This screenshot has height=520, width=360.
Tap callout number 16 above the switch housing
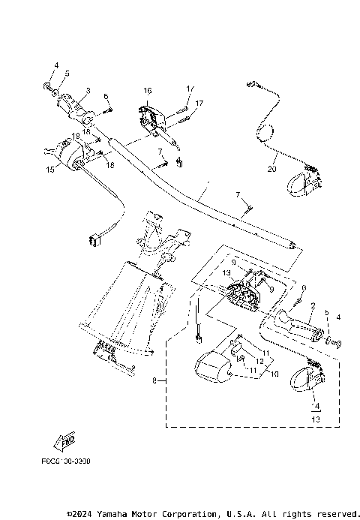pyautogui.click(x=148, y=91)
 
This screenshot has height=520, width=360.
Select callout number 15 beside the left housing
pyautogui.click(x=50, y=170)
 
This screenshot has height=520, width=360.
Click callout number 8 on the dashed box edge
pyautogui.click(x=154, y=381)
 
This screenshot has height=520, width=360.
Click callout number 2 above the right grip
pyautogui.click(x=311, y=305)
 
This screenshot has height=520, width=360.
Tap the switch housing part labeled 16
pyautogui.click(x=151, y=116)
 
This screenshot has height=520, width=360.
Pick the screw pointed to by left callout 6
pyautogui.click(x=105, y=110)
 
